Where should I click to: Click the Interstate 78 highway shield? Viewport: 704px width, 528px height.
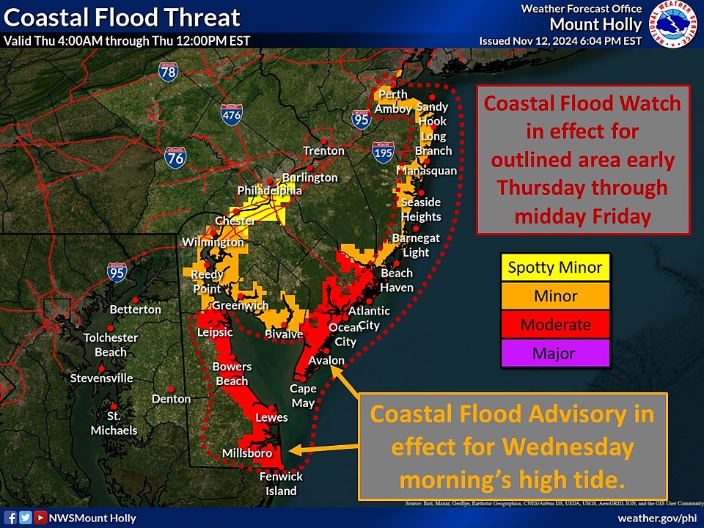(168, 71)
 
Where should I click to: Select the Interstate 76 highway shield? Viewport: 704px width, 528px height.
(175, 156)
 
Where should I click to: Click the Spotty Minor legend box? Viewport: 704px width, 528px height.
(555, 268)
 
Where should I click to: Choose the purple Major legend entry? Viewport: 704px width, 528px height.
(555, 353)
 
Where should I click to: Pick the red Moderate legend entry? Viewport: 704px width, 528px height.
(555, 325)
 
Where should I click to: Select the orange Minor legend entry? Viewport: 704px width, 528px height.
(555, 296)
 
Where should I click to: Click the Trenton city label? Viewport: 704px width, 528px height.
(324, 151)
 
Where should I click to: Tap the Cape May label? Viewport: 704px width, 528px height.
(303, 396)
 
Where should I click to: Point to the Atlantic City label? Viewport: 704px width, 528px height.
(369, 318)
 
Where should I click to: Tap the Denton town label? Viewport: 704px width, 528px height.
(171, 399)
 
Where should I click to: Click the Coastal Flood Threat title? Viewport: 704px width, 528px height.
(122, 17)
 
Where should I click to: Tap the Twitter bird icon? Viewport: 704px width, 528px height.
(25, 518)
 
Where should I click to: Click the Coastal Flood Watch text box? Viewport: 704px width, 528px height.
(582, 160)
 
